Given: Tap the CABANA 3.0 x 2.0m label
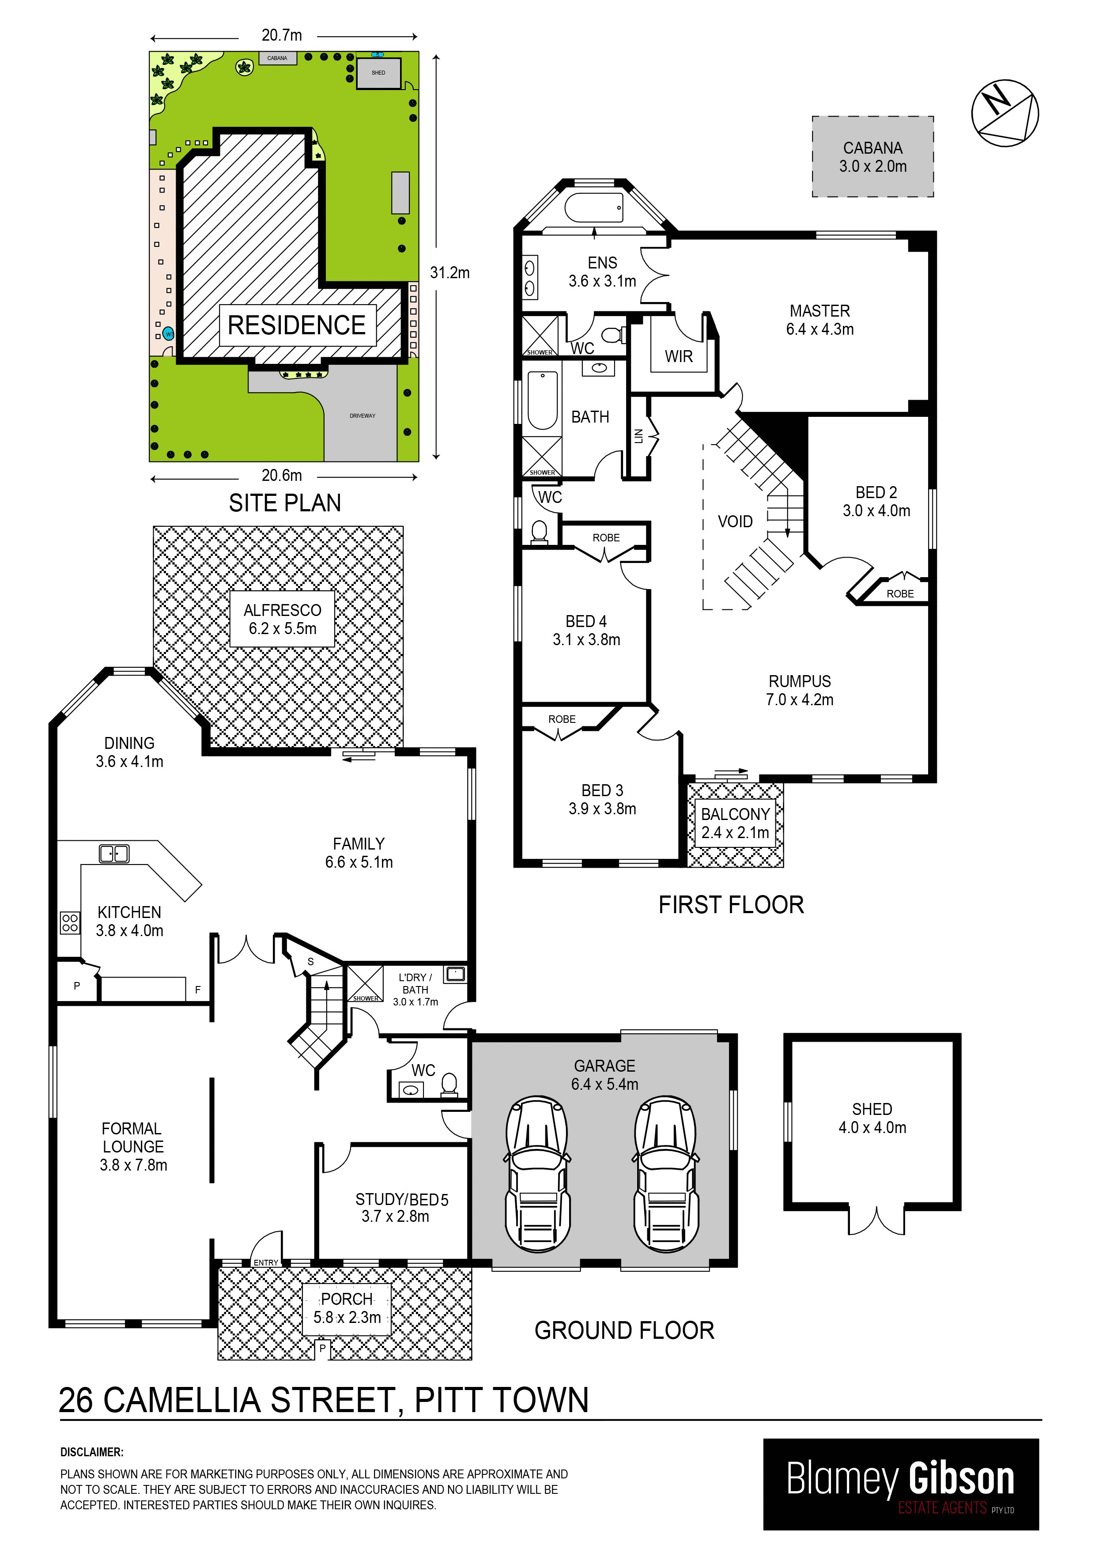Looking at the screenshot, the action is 872,156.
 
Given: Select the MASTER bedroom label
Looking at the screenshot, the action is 820,320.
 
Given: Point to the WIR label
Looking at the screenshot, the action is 678,356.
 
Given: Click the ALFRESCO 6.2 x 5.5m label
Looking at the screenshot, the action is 282,620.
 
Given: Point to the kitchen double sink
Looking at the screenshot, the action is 114,854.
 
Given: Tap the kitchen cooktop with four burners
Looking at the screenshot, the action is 70,923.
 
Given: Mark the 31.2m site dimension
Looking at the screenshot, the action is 449,272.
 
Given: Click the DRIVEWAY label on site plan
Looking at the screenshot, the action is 362,416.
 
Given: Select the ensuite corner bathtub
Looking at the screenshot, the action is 594,208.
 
